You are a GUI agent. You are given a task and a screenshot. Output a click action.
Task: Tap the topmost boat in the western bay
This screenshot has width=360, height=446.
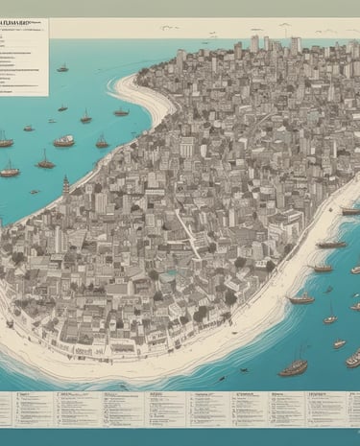(63, 68)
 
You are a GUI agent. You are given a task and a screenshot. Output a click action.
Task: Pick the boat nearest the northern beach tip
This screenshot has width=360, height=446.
(121, 111)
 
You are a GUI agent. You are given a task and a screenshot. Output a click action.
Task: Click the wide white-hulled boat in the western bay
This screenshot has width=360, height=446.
(64, 141)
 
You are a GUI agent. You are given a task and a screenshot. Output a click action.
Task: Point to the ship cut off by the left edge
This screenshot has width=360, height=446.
(5, 142)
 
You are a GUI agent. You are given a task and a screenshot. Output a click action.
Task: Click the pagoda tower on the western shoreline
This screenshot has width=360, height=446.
(65, 184)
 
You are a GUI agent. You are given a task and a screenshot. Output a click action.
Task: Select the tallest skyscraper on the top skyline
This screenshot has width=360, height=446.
(255, 43)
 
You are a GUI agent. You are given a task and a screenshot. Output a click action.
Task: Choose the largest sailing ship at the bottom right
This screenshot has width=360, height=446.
(293, 365)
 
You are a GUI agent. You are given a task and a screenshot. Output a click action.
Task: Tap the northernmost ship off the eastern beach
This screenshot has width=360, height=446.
(349, 211)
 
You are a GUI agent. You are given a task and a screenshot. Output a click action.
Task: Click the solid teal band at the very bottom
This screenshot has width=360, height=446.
(180, 437)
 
